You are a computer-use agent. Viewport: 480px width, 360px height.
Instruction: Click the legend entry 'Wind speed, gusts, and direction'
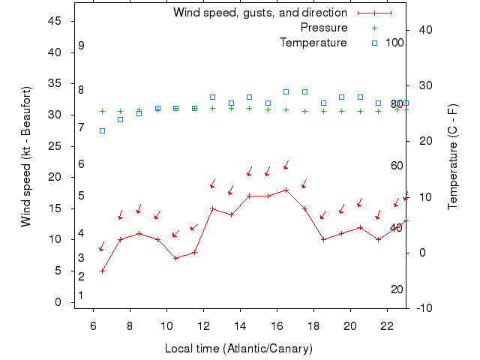click(260, 13)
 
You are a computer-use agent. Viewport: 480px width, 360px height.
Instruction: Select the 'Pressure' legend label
click(324, 28)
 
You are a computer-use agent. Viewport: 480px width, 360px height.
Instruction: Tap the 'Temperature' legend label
click(313, 43)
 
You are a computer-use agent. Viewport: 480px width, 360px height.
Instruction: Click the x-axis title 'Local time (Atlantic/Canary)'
click(238, 349)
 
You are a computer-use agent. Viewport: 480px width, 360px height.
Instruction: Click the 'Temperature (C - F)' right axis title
click(453, 157)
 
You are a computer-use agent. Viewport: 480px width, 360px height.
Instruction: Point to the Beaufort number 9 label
click(81, 46)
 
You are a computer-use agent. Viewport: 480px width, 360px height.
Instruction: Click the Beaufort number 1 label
click(81, 295)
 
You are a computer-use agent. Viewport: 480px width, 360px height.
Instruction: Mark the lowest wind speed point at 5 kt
click(103, 271)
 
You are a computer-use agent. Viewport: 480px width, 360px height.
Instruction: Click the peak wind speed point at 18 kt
click(286, 190)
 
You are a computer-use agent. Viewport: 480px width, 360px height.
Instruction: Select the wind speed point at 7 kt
click(176, 258)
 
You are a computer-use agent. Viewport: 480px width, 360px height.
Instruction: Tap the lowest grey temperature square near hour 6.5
click(103, 130)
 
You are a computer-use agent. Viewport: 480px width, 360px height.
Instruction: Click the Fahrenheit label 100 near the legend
click(395, 43)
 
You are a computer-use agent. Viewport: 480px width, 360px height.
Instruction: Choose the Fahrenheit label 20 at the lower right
click(397, 289)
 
